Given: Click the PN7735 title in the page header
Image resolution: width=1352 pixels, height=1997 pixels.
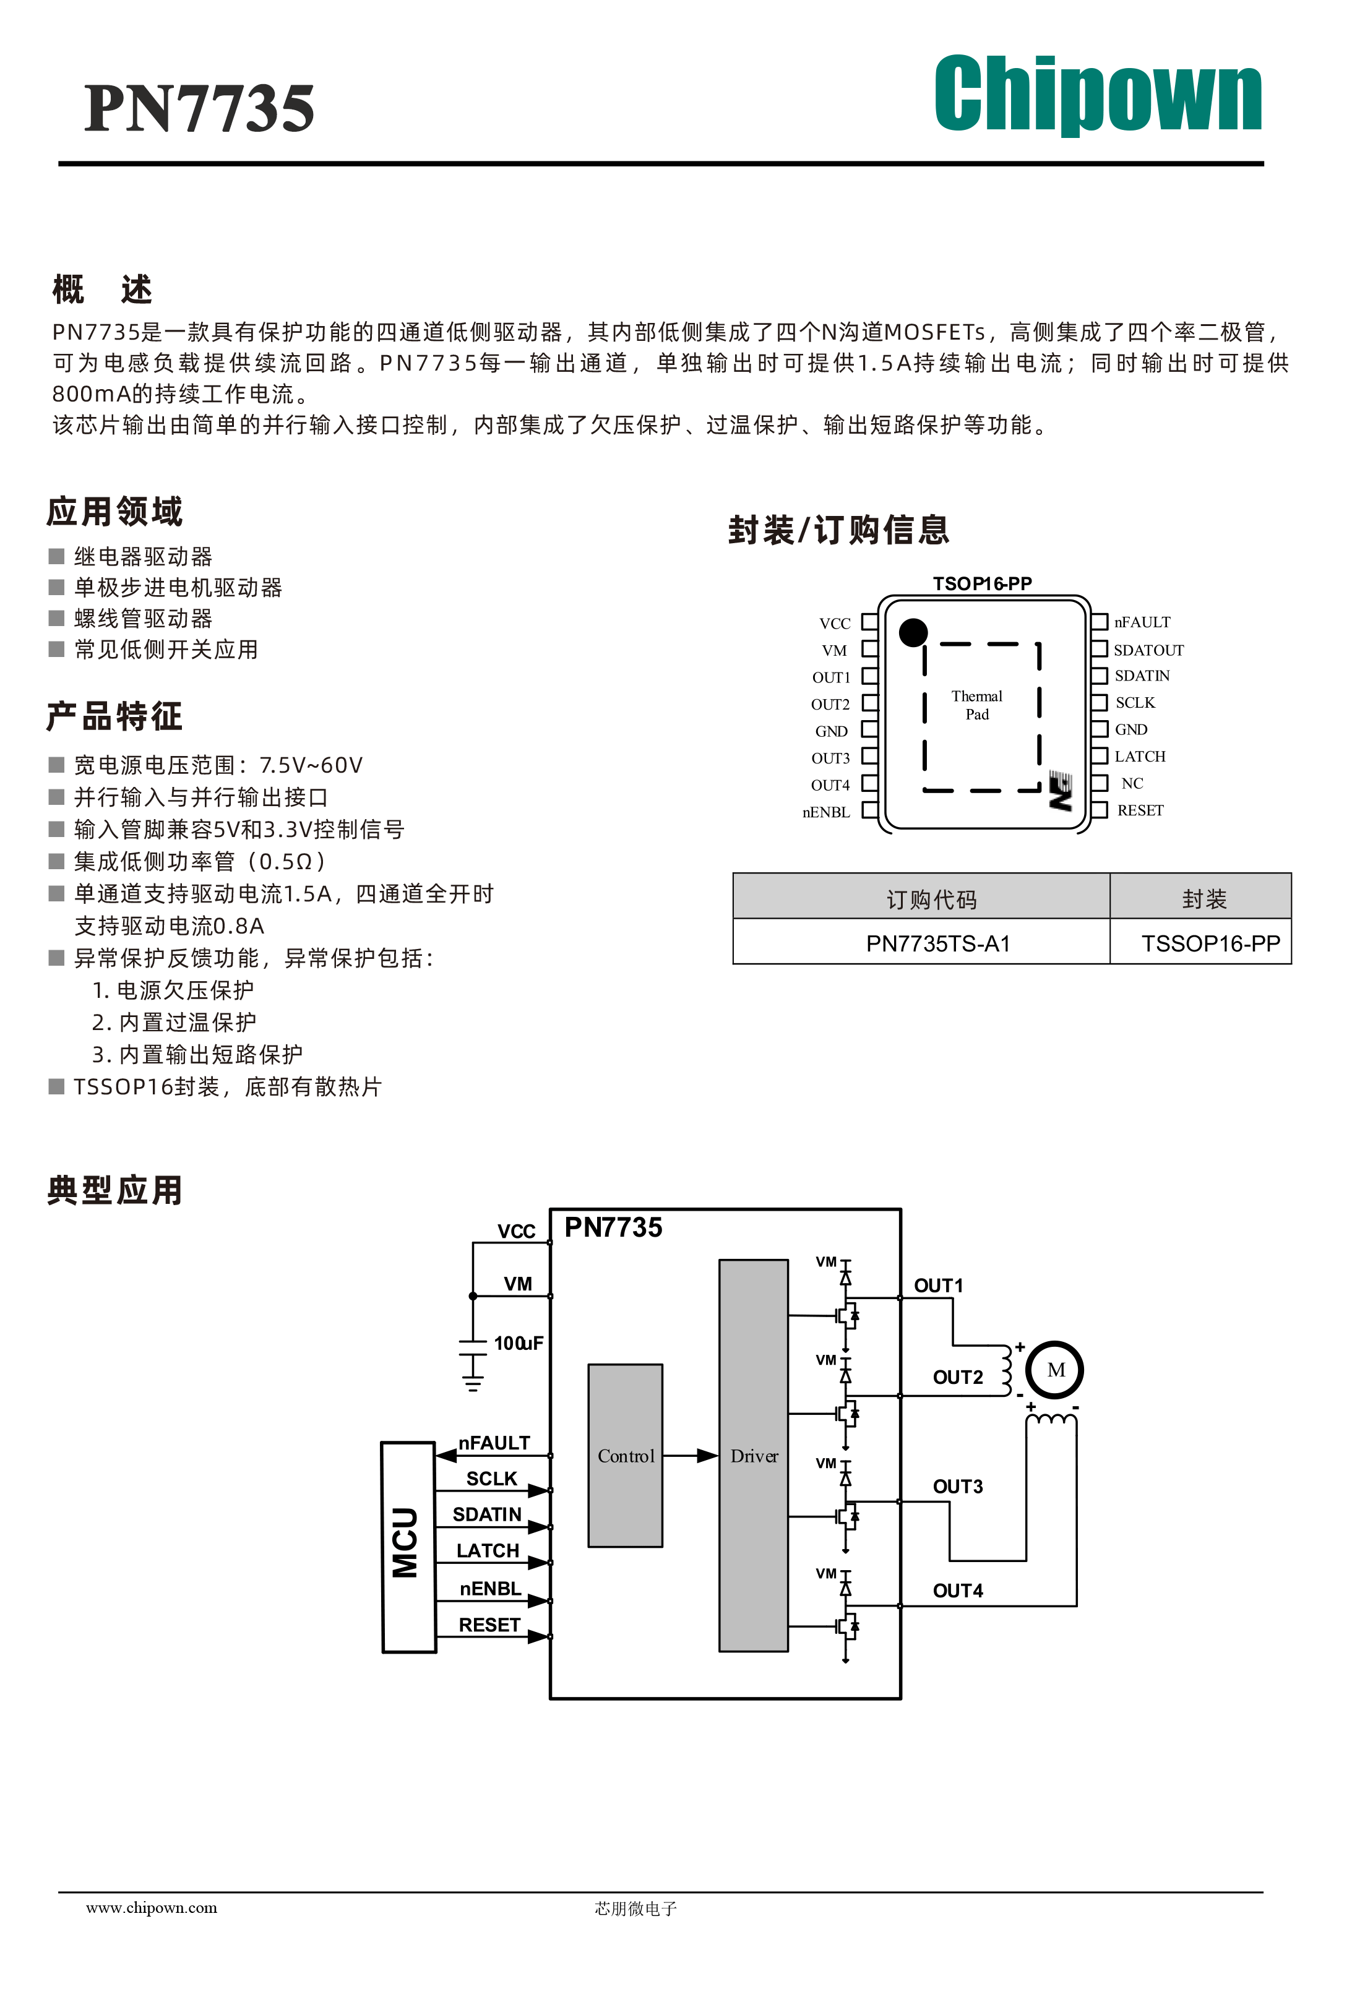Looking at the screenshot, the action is click(x=199, y=108).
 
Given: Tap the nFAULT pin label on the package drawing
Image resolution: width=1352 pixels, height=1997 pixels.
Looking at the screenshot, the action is click(x=1142, y=622).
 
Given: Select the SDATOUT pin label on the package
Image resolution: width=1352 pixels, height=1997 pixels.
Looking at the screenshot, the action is click(x=1148, y=650).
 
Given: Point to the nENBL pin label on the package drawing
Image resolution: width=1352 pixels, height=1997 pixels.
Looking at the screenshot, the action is click(x=826, y=812).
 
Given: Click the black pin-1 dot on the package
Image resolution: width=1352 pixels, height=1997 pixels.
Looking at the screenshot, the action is click(x=913, y=632).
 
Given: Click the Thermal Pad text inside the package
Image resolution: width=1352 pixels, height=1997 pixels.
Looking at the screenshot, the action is click(x=977, y=705).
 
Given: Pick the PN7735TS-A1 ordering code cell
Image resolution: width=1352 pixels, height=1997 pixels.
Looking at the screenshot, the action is click(x=937, y=943).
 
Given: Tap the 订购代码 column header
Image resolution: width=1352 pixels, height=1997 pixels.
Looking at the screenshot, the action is click(x=932, y=899).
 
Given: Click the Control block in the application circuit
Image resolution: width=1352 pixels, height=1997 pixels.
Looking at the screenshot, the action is click(x=626, y=1456).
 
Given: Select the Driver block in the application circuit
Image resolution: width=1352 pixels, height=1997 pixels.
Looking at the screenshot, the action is click(x=754, y=1456).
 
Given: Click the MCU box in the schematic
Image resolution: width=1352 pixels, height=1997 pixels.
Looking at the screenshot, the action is click(x=408, y=1547).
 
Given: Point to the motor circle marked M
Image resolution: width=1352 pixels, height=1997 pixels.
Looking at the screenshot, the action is click(x=1056, y=1370).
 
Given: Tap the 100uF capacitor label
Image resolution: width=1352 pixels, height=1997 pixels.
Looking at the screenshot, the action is click(x=519, y=1343).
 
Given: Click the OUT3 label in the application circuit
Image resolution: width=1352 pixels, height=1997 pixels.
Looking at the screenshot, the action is click(x=957, y=1487).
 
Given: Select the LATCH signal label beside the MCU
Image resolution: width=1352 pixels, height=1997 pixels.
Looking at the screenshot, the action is click(x=488, y=1551).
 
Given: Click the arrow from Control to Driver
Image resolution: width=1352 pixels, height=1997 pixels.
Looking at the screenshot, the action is click(x=690, y=1456).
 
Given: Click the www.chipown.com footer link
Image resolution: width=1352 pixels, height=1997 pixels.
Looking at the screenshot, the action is click(x=151, y=1908).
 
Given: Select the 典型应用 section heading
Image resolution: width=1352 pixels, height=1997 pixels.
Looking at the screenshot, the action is click(x=115, y=1190).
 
